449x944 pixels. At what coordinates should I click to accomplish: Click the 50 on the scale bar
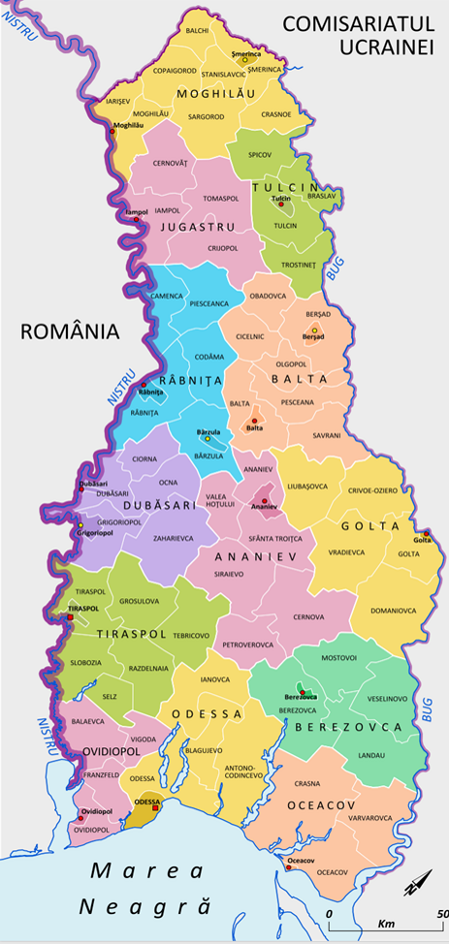point(440,913)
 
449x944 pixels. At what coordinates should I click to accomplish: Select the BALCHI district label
point(197,31)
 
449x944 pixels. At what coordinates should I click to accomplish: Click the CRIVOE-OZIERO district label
point(372,490)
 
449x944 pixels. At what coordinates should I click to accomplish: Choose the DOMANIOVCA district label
point(393,611)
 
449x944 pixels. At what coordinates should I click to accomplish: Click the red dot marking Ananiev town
point(264,501)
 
